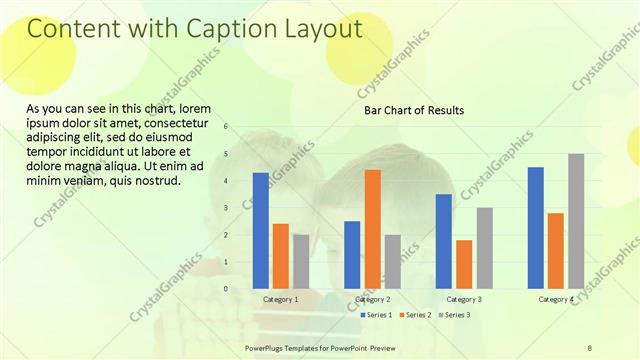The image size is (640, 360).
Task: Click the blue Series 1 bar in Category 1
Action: (260, 231)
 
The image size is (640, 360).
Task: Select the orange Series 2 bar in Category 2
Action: (372, 229)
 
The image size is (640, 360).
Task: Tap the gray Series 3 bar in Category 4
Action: (576, 221)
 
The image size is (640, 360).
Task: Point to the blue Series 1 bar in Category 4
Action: (535, 228)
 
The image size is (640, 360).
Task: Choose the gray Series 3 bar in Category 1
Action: (300, 261)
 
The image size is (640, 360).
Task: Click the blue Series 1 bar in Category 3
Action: (444, 241)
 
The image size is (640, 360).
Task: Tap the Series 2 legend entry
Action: (417, 315)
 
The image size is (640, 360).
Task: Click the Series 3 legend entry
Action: (456, 315)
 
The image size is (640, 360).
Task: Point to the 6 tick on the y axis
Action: (226, 127)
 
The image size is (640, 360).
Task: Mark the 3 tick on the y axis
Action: (226, 208)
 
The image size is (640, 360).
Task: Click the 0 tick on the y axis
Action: (226, 289)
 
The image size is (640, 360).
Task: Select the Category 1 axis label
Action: (280, 299)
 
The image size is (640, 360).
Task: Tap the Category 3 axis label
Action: (464, 299)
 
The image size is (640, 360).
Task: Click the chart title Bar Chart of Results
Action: (413, 110)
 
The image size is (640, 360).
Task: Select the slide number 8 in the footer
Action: (590, 346)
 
